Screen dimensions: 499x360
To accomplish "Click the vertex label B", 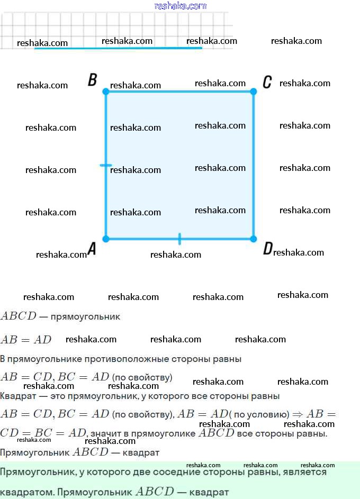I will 92,80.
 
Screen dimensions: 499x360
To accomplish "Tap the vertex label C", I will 267,82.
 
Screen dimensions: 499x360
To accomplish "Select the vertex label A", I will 92,249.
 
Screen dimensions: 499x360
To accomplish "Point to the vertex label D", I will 268,249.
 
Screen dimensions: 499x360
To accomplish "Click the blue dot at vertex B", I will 106,92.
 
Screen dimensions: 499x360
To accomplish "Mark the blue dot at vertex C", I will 253,92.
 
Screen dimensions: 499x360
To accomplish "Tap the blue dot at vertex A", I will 106,239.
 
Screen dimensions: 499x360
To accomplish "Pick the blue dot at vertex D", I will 253,239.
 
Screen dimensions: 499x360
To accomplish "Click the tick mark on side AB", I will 106,165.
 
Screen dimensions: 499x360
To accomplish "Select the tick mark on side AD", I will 179,239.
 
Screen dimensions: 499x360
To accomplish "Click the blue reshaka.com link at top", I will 180,6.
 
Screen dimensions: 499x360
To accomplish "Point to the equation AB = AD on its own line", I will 26,340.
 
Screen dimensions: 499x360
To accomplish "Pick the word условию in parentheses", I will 268,414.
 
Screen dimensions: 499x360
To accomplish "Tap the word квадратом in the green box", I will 26,492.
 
